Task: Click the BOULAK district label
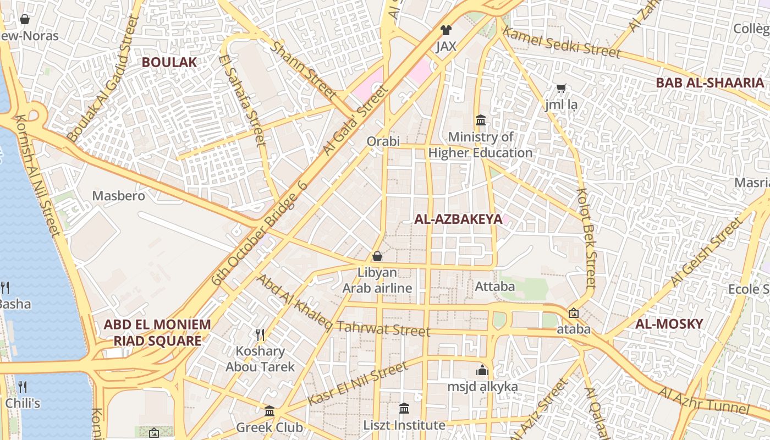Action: tap(169, 62)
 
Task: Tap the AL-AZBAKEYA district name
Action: tap(458, 219)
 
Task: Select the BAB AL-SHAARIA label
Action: tap(710, 83)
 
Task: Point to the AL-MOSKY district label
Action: tap(669, 324)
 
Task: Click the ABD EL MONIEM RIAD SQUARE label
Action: tap(157, 332)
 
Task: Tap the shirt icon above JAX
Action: tap(446, 30)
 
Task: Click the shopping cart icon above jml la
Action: tap(562, 88)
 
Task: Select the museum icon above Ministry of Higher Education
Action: tap(480, 120)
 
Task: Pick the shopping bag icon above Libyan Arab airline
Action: tap(377, 256)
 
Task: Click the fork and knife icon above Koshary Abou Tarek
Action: tap(260, 334)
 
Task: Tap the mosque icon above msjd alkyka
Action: tap(482, 370)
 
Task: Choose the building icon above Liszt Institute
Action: tap(404, 408)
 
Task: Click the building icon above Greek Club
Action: tap(269, 411)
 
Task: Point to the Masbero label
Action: tap(119, 196)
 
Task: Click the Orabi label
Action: tap(383, 141)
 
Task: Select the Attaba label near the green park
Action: tap(494, 287)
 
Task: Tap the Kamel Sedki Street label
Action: tap(562, 42)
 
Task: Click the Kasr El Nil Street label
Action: tap(358, 383)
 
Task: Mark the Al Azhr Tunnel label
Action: tap(703, 401)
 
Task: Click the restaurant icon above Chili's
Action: tap(23, 387)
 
